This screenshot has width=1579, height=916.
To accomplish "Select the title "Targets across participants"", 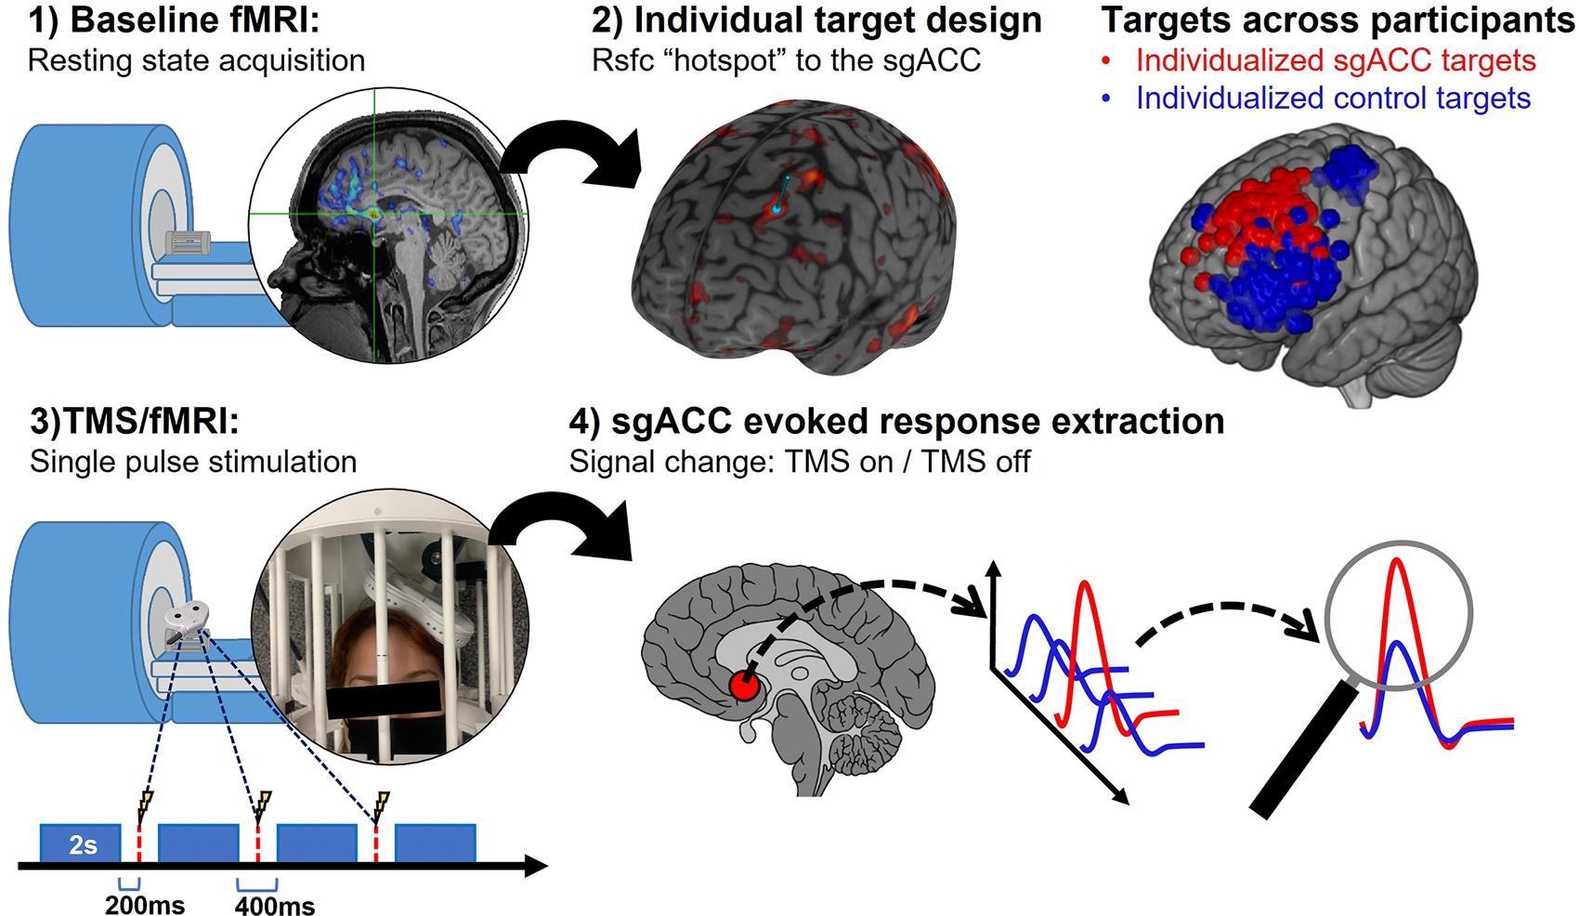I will [x=1338, y=20].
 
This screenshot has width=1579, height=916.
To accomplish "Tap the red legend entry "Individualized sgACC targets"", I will [x=1336, y=60].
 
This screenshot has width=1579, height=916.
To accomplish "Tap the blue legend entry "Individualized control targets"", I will [x=1333, y=98].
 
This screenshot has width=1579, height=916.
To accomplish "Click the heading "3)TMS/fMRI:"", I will [x=135, y=423].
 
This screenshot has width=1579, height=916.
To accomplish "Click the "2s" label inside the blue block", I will [x=82, y=844].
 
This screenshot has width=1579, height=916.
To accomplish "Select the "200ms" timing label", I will [x=145, y=904].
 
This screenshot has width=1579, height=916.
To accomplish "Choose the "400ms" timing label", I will [x=275, y=904].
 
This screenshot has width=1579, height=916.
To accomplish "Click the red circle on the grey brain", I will [x=744, y=687].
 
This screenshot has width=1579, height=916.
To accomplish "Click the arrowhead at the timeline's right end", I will [x=537, y=868].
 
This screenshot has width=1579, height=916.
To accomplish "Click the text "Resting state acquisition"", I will [x=196, y=61].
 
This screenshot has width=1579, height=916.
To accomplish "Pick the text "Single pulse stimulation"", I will [x=193, y=462].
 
